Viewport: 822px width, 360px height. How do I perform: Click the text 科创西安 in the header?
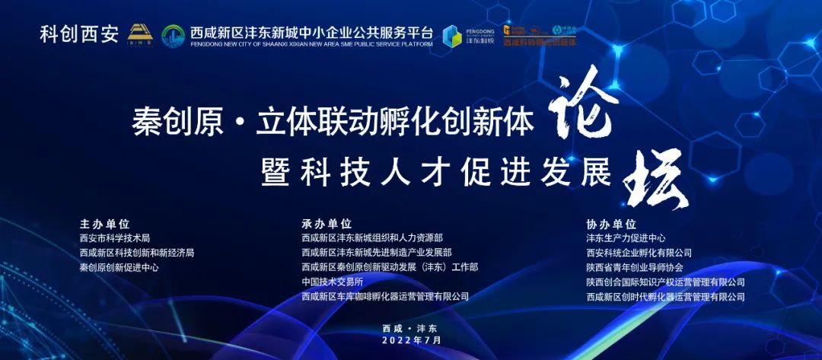pyautogui.click(x=79, y=35)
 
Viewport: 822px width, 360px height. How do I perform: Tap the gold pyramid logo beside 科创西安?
pyautogui.click(x=139, y=34)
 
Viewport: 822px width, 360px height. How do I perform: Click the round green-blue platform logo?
pyautogui.click(x=173, y=36)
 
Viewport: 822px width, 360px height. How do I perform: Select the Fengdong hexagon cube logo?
pyautogui.click(x=452, y=33)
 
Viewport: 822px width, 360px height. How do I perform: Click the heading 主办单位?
pyautogui.click(x=105, y=225)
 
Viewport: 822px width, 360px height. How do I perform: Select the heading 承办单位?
pyautogui.click(x=327, y=225)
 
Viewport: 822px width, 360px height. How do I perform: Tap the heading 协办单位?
pyautogui.click(x=611, y=225)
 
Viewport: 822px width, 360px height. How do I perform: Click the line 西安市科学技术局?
pyautogui.click(x=115, y=238)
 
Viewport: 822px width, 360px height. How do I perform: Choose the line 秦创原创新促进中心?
pyautogui.click(x=119, y=268)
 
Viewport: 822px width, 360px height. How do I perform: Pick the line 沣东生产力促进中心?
pyautogui.click(x=626, y=238)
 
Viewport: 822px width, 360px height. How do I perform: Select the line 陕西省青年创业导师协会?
pyautogui.click(x=635, y=268)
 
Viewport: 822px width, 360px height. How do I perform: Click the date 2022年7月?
pyautogui.click(x=412, y=340)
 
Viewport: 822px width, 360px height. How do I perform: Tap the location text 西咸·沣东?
pyautogui.click(x=412, y=328)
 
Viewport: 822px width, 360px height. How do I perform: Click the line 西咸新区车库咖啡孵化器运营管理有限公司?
pyautogui.click(x=385, y=297)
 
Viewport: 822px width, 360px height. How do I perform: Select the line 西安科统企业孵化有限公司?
pyautogui.click(x=639, y=253)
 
